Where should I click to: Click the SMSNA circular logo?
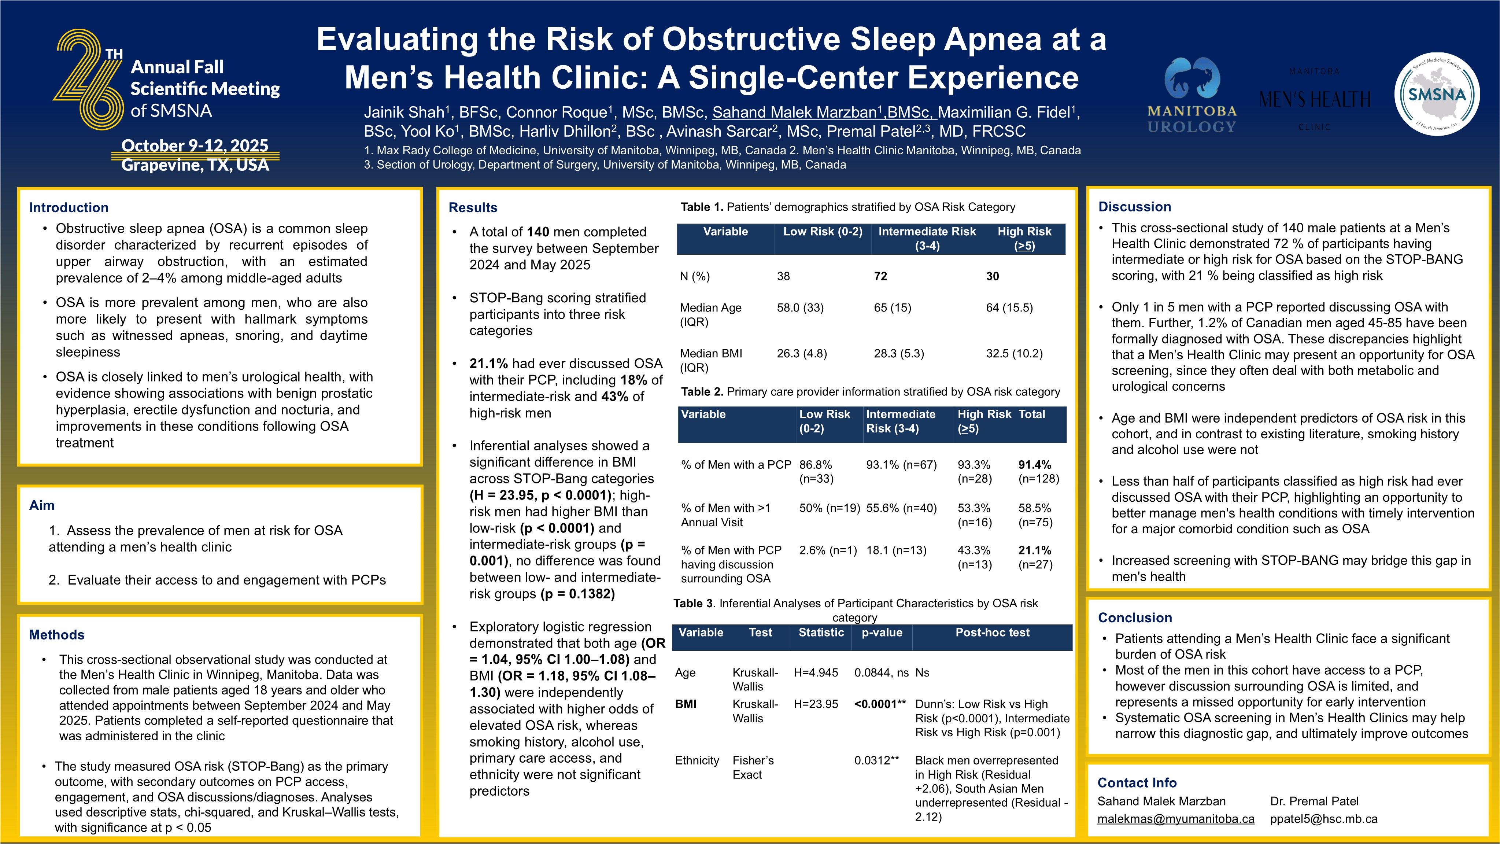pyautogui.click(x=1437, y=94)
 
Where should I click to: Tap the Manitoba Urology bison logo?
pyautogui.click(x=1191, y=79)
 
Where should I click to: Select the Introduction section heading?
pyautogui.click(x=69, y=207)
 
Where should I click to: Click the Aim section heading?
pyautogui.click(x=42, y=505)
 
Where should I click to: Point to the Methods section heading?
pyautogui.click(x=56, y=634)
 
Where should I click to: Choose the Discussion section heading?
pyautogui.click(x=1134, y=207)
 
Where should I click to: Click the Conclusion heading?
pyautogui.click(x=1134, y=618)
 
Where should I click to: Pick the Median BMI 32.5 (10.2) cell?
pyautogui.click(x=1014, y=354)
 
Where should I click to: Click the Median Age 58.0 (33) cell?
pyautogui.click(x=800, y=307)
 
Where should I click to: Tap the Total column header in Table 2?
pyautogui.click(x=1031, y=414)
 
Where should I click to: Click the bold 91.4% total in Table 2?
pyautogui.click(x=1034, y=465)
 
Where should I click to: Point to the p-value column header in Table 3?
pyautogui.click(x=882, y=633)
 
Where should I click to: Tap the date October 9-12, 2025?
pyautogui.click(x=195, y=145)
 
